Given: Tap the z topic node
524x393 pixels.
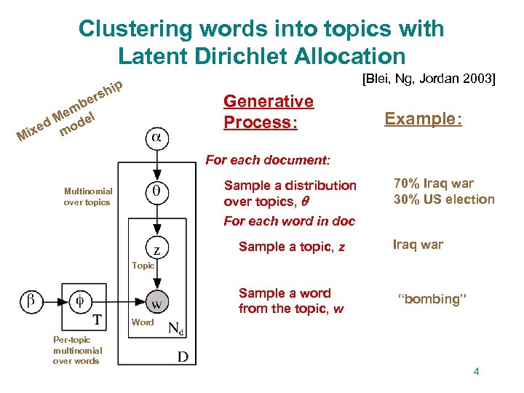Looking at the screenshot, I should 156,248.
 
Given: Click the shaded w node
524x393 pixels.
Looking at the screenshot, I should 156,301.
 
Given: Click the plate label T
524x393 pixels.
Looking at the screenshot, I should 97,320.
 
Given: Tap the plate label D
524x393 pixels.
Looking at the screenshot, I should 183,356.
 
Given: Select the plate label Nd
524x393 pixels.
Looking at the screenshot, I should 176,328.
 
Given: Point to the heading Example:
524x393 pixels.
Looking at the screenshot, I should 423,119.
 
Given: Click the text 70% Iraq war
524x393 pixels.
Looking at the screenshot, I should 434,183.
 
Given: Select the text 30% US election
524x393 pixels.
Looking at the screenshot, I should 444,199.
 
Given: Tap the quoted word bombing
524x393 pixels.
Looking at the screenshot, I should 429,299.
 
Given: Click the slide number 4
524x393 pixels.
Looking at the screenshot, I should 476,372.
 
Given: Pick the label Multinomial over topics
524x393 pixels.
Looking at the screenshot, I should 87,196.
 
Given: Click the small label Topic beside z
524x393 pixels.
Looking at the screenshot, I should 143,266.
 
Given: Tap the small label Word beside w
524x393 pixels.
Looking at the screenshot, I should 143,322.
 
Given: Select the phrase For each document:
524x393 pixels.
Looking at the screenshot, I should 268,159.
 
